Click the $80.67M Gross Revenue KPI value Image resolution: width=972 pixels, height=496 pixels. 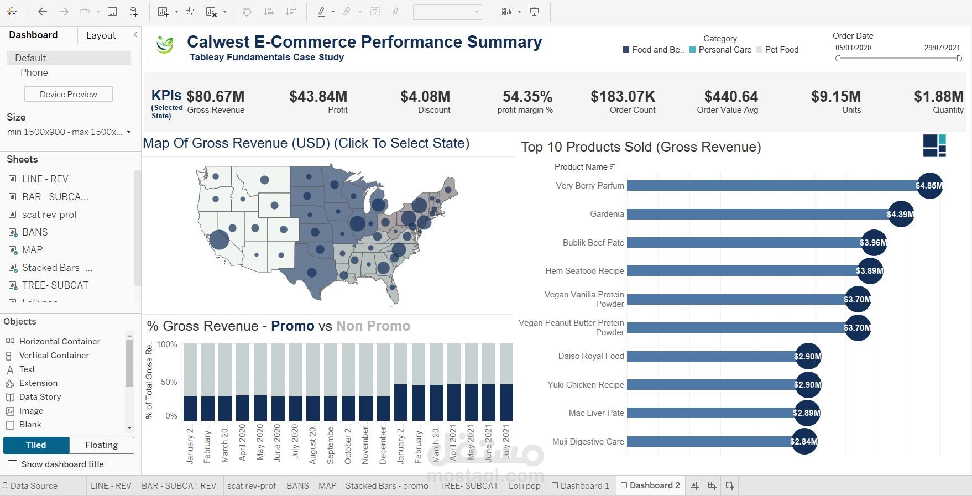(x=215, y=97)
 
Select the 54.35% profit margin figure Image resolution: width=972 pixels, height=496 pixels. (x=527, y=97)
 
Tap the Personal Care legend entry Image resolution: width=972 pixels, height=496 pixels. (x=724, y=50)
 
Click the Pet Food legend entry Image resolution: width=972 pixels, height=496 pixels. (x=781, y=50)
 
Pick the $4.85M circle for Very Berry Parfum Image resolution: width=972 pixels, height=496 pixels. (x=929, y=186)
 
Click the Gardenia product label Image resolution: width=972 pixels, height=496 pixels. (x=607, y=214)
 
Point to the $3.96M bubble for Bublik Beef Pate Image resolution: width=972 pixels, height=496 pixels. (x=873, y=243)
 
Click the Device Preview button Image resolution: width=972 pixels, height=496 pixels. (x=69, y=95)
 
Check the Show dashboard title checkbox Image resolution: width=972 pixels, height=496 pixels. (x=12, y=465)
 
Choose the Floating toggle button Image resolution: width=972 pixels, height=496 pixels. (x=101, y=445)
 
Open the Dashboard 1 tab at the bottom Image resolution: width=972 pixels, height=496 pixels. (x=581, y=485)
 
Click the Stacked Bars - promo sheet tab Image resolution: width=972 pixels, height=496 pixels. (x=386, y=485)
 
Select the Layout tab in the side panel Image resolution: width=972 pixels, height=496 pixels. (x=101, y=35)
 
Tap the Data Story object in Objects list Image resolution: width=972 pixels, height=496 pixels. (x=40, y=397)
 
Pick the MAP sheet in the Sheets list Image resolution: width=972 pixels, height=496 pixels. (x=32, y=250)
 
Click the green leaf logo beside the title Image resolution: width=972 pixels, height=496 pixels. (x=165, y=45)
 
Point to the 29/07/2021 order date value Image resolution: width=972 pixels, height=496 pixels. (x=942, y=48)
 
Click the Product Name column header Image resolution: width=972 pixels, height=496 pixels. (x=581, y=167)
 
